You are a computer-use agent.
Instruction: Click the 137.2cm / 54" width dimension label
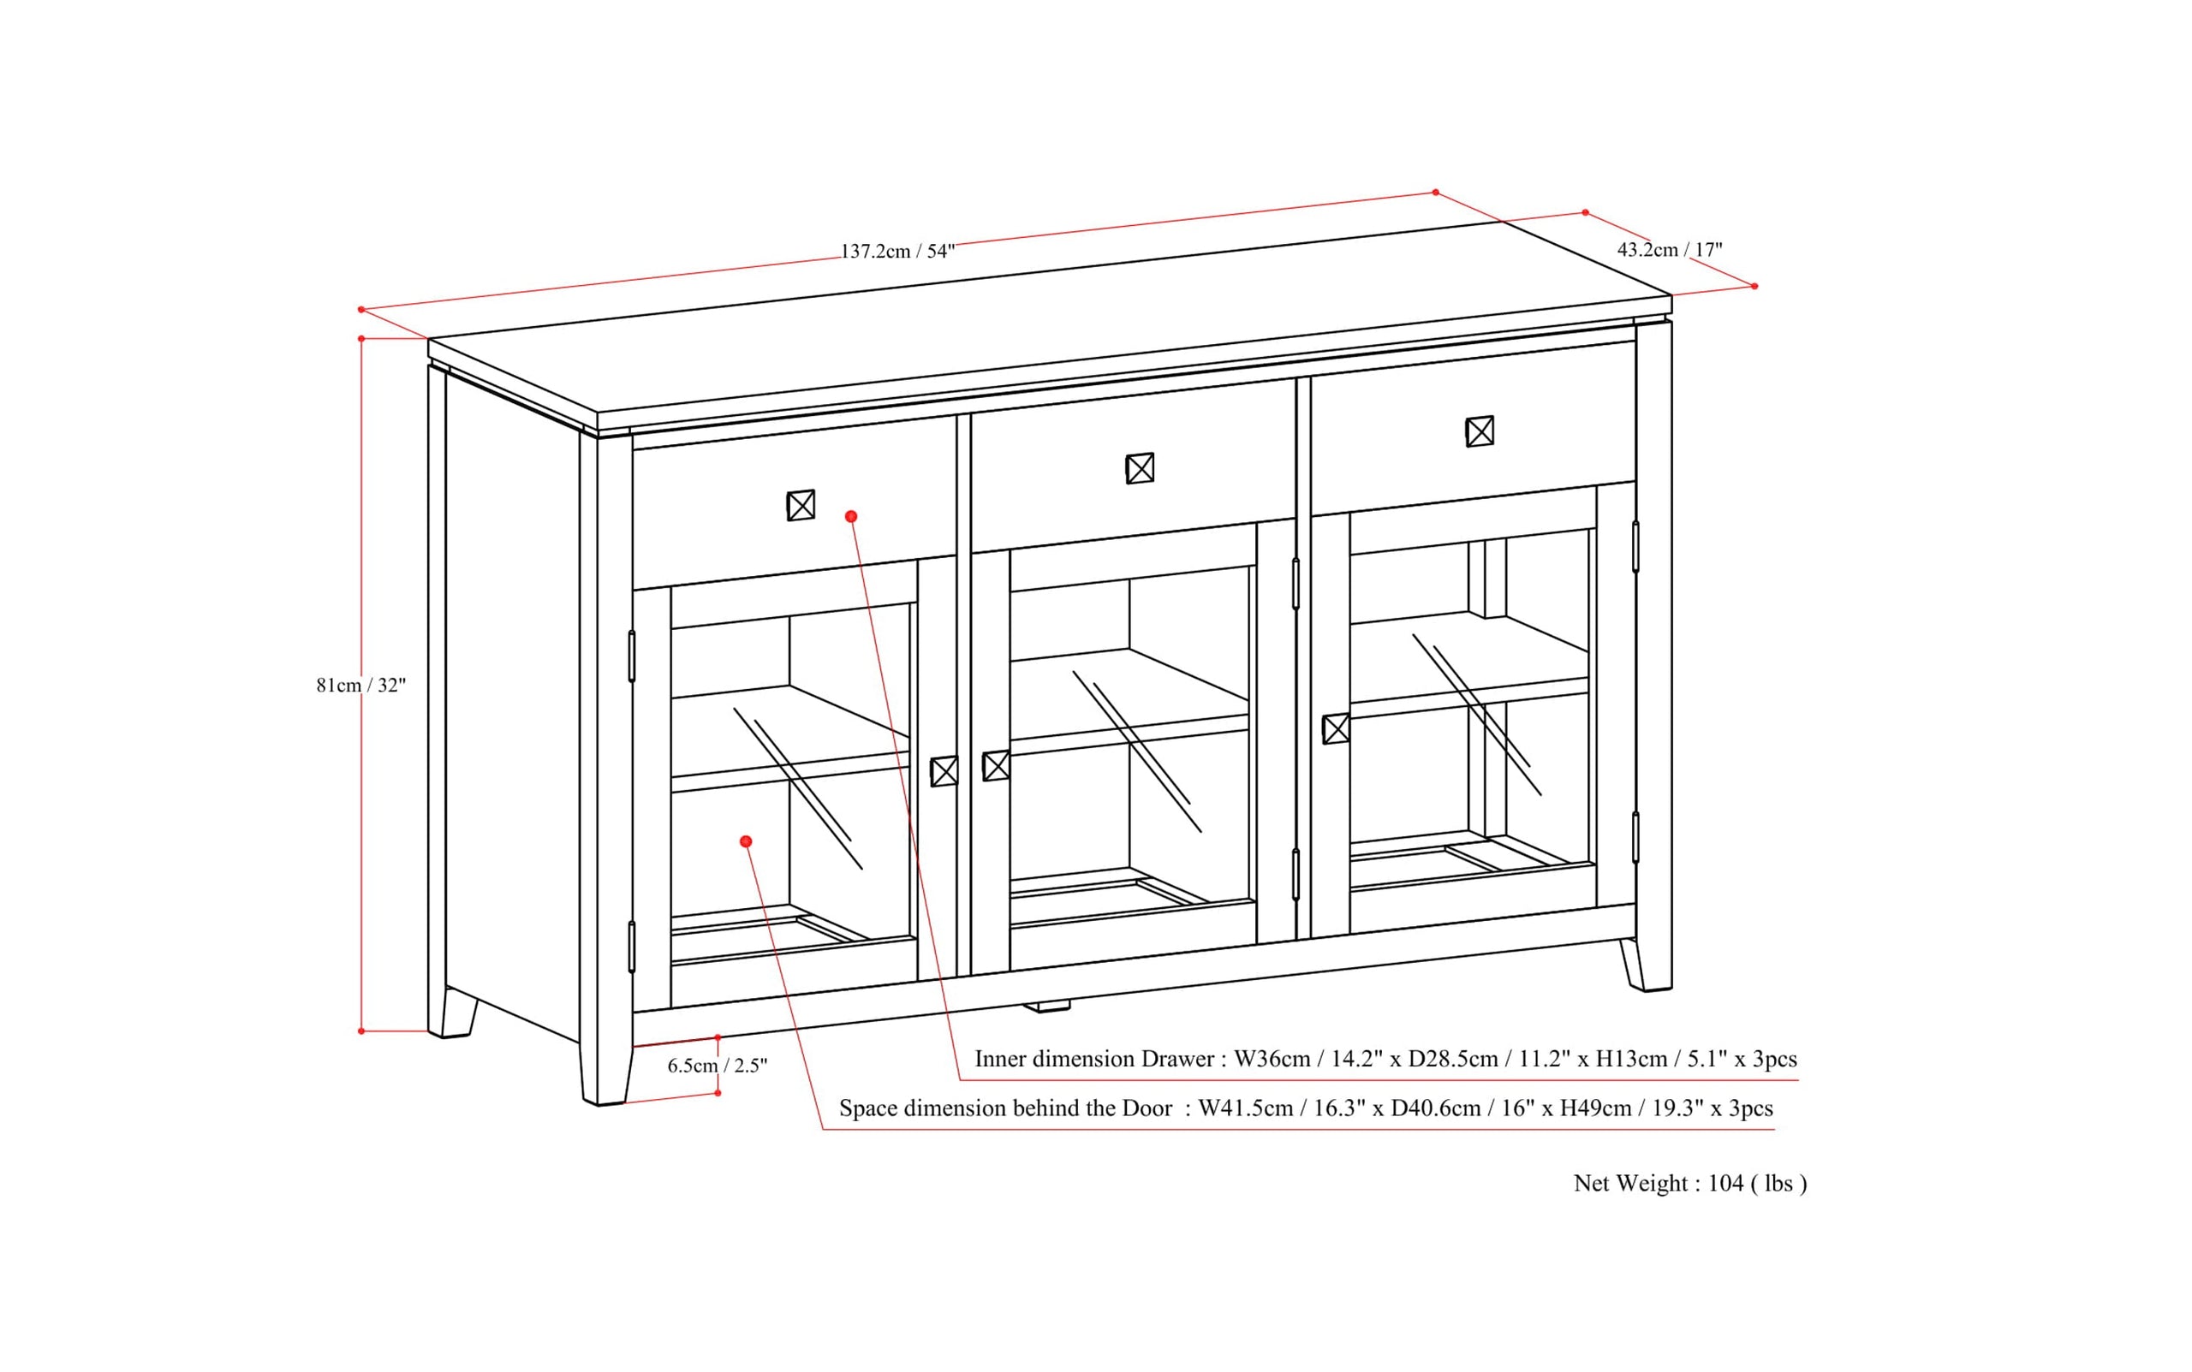point(896,252)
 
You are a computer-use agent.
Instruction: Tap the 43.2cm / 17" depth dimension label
point(1669,250)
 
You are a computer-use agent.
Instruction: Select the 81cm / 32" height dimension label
point(360,685)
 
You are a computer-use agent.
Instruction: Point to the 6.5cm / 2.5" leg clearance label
point(717,1066)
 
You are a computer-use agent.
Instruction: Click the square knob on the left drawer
point(801,506)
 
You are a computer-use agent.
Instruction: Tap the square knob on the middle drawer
point(1140,468)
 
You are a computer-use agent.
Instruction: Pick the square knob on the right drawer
point(1480,431)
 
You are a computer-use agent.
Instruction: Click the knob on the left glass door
point(944,771)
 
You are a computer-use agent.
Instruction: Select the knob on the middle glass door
point(996,766)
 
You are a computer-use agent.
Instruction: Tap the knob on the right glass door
point(1335,728)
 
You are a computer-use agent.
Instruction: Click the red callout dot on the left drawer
point(850,516)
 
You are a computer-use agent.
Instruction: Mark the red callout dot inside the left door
point(746,842)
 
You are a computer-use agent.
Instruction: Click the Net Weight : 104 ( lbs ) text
point(1690,1183)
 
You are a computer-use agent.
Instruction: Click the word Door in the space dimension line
point(1147,1108)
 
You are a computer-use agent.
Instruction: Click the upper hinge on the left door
point(632,655)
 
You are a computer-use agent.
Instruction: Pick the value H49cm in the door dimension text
point(1596,1108)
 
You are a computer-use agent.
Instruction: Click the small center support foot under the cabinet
point(1046,1007)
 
